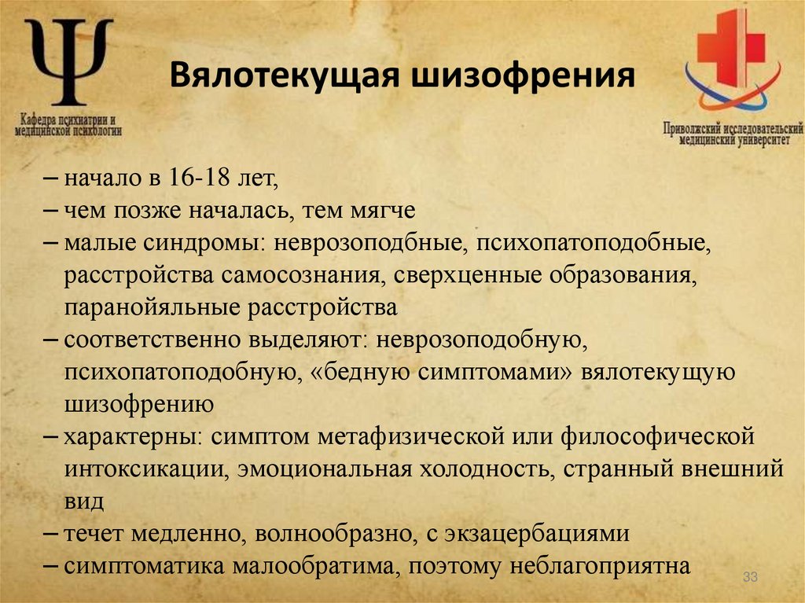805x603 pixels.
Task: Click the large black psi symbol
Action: click(69, 63)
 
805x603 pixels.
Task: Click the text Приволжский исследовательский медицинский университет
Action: click(732, 133)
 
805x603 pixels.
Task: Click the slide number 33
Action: click(749, 579)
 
